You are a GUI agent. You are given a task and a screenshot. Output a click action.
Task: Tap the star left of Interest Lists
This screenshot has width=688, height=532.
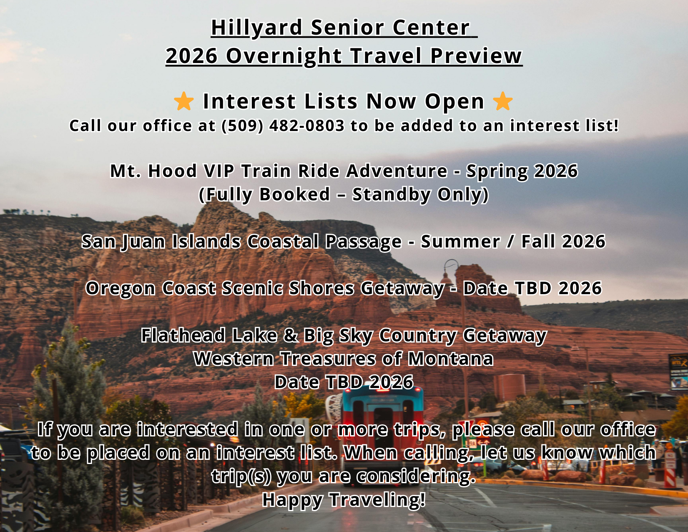tap(184, 101)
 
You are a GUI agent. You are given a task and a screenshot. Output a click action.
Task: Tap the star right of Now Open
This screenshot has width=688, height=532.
tap(503, 101)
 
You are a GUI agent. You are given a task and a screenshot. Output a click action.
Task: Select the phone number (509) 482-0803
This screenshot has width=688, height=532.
tap(283, 126)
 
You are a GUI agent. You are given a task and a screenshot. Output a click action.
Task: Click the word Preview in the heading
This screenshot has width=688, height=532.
tap(476, 56)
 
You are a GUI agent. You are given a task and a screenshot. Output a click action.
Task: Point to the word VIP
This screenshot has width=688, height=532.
tap(219, 171)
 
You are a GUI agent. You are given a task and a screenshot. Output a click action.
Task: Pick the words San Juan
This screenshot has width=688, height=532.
tap(123, 242)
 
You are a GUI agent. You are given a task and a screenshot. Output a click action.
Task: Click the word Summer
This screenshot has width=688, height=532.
tap(461, 242)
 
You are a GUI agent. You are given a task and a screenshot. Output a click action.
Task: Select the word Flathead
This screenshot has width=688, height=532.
tap(183, 335)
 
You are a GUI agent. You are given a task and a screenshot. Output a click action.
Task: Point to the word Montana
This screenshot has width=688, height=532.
tap(451, 359)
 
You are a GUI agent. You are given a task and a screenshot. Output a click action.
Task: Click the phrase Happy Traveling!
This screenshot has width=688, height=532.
tap(344, 500)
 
